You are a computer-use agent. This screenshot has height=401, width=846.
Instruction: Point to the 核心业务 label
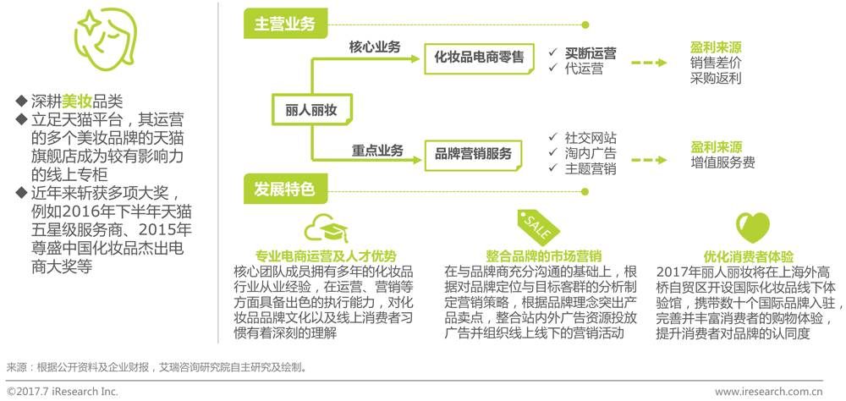374,47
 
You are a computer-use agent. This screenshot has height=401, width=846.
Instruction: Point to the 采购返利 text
715,78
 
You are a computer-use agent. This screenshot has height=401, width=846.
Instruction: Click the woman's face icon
101,39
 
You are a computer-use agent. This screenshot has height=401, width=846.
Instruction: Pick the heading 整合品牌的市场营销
532,255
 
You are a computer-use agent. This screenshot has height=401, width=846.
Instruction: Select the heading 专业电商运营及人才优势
326,255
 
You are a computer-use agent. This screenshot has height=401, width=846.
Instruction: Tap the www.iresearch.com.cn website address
768,392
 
